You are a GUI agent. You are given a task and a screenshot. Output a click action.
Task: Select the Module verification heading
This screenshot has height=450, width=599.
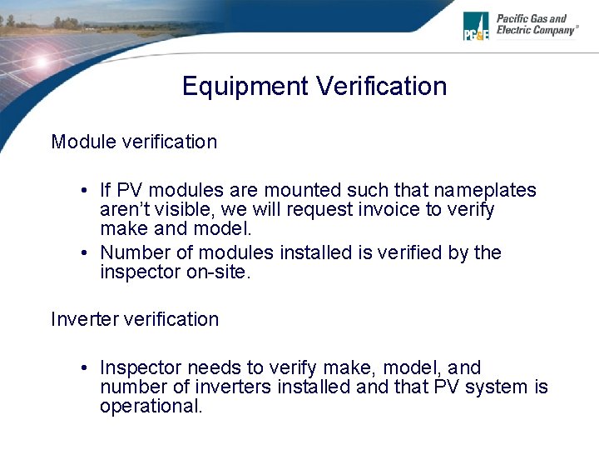click(x=134, y=142)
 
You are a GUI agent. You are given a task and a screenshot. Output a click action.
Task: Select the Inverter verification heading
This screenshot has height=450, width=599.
click(x=135, y=319)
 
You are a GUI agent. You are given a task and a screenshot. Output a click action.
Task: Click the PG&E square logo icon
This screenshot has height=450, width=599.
click(x=477, y=26)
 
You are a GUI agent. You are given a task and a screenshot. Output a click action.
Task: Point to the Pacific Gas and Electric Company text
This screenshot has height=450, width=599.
click(x=537, y=24)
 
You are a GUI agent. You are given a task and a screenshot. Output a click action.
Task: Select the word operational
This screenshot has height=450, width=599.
click(x=151, y=407)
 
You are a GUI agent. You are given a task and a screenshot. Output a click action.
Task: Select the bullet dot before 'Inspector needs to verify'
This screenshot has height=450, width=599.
click(x=86, y=368)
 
